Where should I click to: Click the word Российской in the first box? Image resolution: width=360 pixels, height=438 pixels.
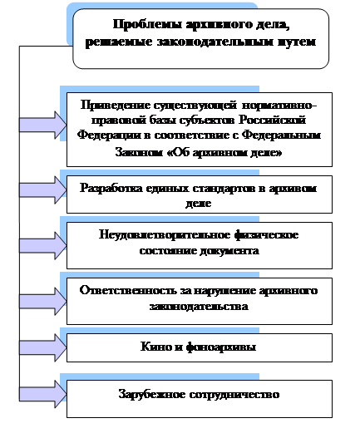pos(272,121)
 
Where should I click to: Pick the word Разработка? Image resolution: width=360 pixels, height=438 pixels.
pos(111,189)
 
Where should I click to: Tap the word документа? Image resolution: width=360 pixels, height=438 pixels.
pos(229,250)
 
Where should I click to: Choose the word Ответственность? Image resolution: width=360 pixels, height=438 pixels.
pos(128,291)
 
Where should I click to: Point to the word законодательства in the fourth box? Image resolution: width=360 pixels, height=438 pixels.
pos(199,307)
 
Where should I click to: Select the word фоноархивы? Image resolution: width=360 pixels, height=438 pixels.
pos(221,347)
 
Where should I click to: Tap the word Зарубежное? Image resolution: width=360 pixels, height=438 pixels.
pos(152,395)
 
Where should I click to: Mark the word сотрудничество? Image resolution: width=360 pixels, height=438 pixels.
pos(234,395)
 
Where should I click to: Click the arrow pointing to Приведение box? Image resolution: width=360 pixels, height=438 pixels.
pos(43,125)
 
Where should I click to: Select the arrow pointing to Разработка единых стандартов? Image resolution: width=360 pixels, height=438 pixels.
pos(43,190)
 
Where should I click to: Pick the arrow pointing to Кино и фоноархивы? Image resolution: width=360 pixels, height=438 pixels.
pos(43,347)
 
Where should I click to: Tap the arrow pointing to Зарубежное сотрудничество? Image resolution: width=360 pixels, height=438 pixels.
pos(43,394)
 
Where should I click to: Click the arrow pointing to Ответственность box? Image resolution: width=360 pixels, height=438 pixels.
pos(43,302)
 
